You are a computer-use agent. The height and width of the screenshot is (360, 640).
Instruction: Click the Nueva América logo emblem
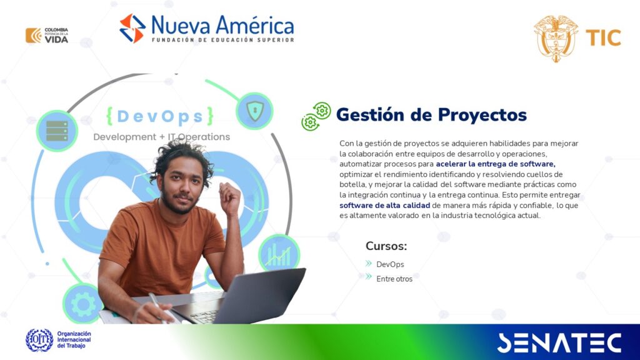pos(132,28)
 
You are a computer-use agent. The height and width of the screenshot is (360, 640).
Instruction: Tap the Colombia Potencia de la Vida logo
pos(47,35)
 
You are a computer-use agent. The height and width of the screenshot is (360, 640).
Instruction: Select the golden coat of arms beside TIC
pos(556,38)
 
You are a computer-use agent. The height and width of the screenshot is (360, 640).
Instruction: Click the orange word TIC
pos(603,38)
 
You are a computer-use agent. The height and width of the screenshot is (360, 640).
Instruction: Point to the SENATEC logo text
pos(559,343)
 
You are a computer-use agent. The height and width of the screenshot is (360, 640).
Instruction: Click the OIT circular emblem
pos(39,340)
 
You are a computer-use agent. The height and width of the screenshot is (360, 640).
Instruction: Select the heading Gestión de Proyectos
pos(431,115)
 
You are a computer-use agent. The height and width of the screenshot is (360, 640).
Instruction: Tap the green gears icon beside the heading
pos(316,116)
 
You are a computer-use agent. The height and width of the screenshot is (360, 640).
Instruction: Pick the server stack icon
pos(57,131)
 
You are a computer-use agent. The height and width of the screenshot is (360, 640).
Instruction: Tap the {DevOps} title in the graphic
pos(159,116)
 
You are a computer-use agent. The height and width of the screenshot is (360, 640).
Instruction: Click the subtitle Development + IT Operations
pos(162,137)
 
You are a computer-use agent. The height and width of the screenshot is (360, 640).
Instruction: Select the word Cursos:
pos(386,246)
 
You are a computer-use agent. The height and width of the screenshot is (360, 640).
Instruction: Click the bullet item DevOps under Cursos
pos(390,264)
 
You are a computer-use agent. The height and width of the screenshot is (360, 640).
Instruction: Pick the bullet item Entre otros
pos(394,279)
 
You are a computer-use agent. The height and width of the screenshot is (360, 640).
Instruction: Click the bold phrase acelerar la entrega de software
pos(496,164)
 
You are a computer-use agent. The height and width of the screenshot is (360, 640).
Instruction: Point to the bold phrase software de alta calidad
pos(384,205)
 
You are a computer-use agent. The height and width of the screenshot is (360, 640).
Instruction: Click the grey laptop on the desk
pos(241,297)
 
